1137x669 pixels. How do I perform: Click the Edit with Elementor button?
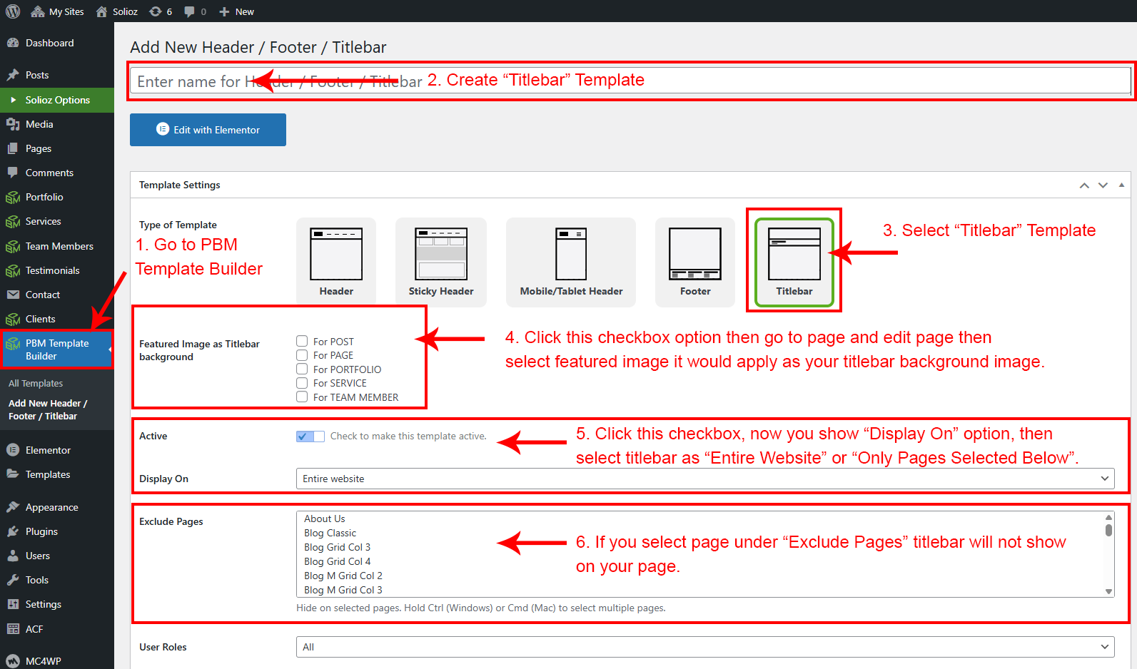208,130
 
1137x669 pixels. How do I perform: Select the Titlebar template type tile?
794,262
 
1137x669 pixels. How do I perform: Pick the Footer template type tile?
695,262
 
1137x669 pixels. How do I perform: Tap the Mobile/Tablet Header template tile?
570,262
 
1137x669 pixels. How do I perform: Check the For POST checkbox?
302,341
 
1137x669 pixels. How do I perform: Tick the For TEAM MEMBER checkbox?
302,397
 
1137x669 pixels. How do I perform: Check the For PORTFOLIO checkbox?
302,369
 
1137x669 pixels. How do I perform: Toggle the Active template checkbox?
310,436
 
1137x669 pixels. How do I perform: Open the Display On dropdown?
705,479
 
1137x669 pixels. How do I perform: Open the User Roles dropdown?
705,647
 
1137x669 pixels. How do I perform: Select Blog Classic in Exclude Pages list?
330,533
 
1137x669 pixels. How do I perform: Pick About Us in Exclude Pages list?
324,519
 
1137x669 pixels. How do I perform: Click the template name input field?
630,81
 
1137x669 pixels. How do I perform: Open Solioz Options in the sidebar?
57,100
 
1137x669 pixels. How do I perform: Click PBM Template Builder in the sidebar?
57,349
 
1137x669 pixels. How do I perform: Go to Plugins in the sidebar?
41,531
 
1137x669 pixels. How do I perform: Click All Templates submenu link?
36,384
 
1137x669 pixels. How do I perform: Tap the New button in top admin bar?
236,11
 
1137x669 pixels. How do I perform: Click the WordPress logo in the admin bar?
13,11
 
